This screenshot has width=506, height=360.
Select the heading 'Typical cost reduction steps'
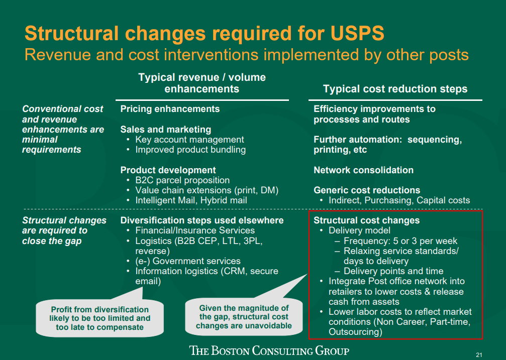coord(395,89)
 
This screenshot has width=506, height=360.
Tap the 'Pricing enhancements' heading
coord(170,109)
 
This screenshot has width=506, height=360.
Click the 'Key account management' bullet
coord(189,140)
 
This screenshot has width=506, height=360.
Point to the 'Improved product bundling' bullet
coord(190,150)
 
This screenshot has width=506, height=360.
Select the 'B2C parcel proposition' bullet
coord(182,180)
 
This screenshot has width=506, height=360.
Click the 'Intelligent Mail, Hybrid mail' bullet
coord(191,200)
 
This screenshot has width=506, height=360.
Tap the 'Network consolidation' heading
coord(363,170)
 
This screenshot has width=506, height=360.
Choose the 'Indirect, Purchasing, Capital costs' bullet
coord(399,200)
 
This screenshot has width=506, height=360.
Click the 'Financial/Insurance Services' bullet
coord(195,230)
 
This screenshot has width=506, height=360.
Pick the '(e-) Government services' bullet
coord(188,261)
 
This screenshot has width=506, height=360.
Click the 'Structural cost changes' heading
coord(366,220)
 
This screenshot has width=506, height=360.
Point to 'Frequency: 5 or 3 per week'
coord(400,241)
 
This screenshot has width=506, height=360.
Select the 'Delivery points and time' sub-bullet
coord(393,271)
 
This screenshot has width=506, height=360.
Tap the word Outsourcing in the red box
coord(354,332)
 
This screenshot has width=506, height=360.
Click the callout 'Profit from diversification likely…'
coord(99,318)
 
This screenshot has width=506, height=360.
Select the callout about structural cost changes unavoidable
coord(244,317)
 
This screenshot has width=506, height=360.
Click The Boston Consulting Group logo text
coord(269,350)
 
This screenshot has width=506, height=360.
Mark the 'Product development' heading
coord(168,170)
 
